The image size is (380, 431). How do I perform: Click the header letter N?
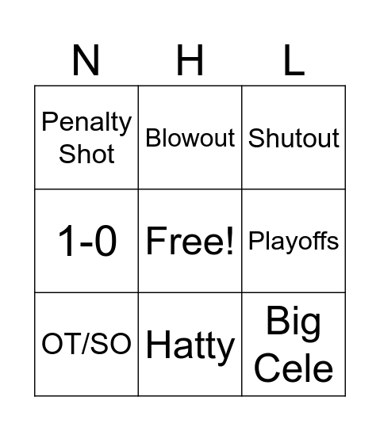click(86, 61)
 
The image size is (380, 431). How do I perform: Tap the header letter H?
click(190, 61)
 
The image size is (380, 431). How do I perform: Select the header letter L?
click(294, 61)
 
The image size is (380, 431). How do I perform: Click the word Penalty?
click(86, 123)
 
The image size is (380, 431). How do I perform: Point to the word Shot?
click(86, 153)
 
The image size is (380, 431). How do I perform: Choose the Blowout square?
click(190, 138)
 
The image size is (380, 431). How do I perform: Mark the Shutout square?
click(294, 138)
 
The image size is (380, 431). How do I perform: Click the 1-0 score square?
click(87, 241)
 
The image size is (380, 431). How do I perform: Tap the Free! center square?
click(190, 241)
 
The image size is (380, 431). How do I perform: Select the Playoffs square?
click(294, 241)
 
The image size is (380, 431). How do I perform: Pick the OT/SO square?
click(87, 344)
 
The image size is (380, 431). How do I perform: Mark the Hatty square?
click(190, 345)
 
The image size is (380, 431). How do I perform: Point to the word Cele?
click(294, 368)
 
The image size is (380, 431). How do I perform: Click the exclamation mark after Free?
click(230, 241)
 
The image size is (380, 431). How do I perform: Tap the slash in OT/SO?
click(87, 344)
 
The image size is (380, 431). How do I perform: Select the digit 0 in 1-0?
click(106, 241)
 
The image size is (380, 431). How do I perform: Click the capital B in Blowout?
click(153, 138)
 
